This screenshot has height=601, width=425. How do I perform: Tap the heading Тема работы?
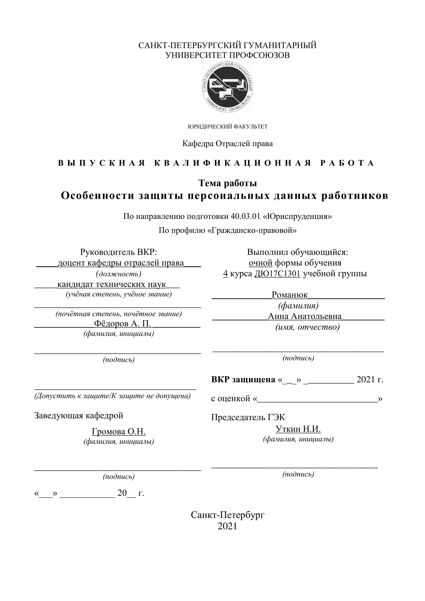(228, 183)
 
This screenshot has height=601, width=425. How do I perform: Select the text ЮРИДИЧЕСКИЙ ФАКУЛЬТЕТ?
(228, 127)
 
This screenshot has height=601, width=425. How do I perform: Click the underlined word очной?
(260, 263)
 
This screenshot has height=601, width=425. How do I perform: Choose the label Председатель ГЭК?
(248, 417)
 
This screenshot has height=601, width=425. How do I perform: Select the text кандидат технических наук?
(112, 284)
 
